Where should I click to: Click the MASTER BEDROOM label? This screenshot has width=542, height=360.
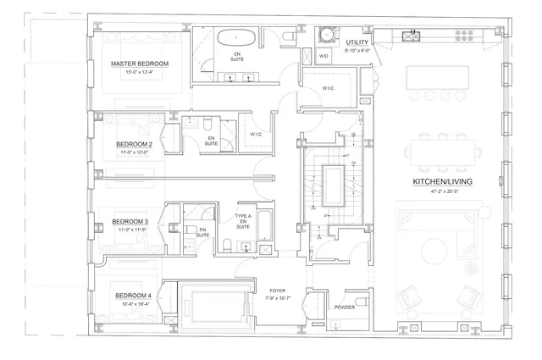click(140, 64)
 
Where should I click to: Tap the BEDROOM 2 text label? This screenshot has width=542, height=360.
click(134, 144)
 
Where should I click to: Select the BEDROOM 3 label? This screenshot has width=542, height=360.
click(131, 222)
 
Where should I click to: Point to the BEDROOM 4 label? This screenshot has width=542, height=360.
click(133, 296)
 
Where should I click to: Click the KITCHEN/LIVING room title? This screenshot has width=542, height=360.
click(442, 183)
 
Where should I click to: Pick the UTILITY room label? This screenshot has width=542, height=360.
click(357, 41)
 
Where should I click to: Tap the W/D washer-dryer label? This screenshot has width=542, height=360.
click(323, 57)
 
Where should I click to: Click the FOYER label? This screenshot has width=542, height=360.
click(277, 291)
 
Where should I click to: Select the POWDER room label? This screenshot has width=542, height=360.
click(345, 307)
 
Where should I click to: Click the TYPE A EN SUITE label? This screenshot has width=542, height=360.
click(243, 223)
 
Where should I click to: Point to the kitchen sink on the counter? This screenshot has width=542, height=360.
click(412, 36)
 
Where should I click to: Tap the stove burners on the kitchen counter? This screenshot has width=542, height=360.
click(465, 35)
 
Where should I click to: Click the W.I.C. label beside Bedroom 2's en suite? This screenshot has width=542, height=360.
click(256, 134)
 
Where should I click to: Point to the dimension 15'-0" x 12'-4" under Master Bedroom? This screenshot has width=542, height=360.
click(140, 73)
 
